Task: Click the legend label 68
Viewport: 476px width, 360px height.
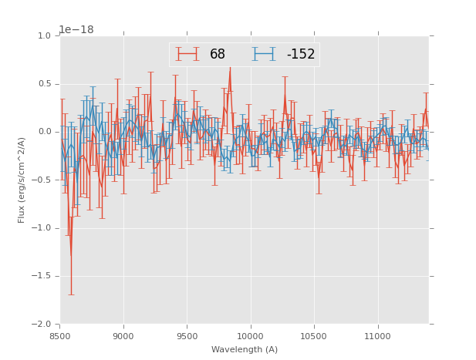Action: tap(218, 55)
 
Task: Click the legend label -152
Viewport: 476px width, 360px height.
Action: tap(300, 55)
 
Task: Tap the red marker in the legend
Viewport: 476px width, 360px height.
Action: tap(187, 54)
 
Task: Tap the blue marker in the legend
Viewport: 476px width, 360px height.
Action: tap(265, 54)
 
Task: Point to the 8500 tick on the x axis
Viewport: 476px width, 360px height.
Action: tap(60, 335)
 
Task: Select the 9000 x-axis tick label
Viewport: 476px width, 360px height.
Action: tap(123, 335)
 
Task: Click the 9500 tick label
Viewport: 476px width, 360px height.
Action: tap(187, 335)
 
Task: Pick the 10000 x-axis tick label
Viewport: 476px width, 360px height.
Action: tap(251, 335)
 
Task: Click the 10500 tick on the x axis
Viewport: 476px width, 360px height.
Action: tap(314, 335)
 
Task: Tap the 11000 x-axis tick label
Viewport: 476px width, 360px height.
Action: tap(377, 335)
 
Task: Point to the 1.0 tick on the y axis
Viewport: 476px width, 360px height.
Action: tap(44, 36)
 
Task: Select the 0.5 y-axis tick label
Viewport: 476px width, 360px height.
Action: tap(44, 84)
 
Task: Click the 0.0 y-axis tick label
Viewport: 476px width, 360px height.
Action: tap(44, 132)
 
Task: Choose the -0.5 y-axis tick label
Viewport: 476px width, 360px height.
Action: tap(42, 180)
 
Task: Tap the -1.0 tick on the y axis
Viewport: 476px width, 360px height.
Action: tap(42, 228)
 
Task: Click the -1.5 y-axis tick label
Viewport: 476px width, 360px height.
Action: tap(42, 276)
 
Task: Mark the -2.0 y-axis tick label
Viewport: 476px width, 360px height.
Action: tap(42, 325)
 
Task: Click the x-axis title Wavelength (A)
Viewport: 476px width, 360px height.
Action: tap(245, 349)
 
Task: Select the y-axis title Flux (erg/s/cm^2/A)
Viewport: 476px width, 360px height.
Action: tap(22, 180)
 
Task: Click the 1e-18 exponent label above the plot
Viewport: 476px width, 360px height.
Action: tap(76, 30)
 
